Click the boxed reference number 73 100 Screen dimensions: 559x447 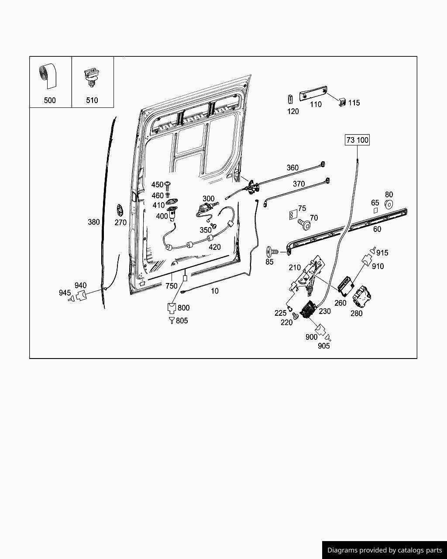point(357,140)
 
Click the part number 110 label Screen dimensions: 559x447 point(315,104)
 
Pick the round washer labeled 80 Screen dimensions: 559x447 point(388,204)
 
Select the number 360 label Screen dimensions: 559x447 point(292,168)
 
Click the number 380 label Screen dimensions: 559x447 point(94,222)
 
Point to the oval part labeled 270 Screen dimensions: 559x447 point(119,209)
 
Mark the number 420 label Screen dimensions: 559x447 point(214,247)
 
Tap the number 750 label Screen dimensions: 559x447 point(172,286)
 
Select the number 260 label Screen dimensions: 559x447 point(340,303)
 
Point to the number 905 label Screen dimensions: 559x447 point(323,346)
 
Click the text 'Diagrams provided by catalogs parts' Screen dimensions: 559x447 point(385,550)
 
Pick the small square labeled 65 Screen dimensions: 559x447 point(375,210)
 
